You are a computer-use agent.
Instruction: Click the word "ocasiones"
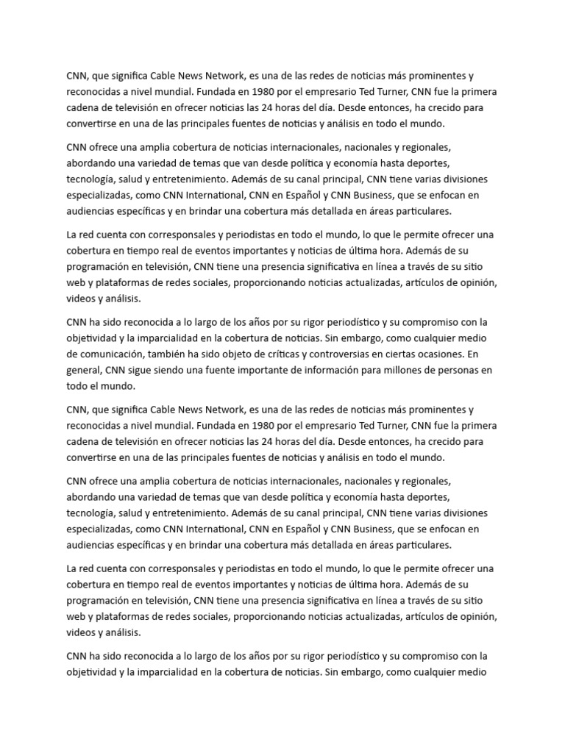coord(436,354)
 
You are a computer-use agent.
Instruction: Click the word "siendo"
coord(176,370)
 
